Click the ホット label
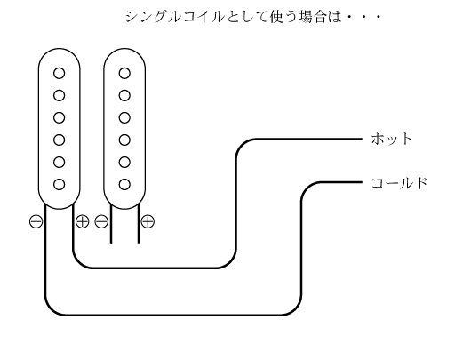tap(392, 140)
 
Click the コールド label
tap(400, 183)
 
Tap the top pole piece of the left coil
tap(60, 73)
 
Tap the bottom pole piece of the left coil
tap(60, 184)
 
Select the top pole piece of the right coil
tap(124, 73)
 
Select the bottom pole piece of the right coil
tap(124, 184)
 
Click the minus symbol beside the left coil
tap(36, 221)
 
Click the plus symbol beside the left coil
tap(83, 221)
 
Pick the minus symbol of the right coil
tap(101, 221)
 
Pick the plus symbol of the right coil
tap(148, 221)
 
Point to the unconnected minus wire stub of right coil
tap(111, 224)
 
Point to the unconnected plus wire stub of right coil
tap(139, 224)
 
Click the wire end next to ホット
tap(363, 140)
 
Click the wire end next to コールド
tap(363, 182)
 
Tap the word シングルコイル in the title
tap(174, 17)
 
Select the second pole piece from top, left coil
tap(60, 96)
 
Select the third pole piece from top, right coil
tap(124, 117)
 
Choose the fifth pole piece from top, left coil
tap(60, 162)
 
